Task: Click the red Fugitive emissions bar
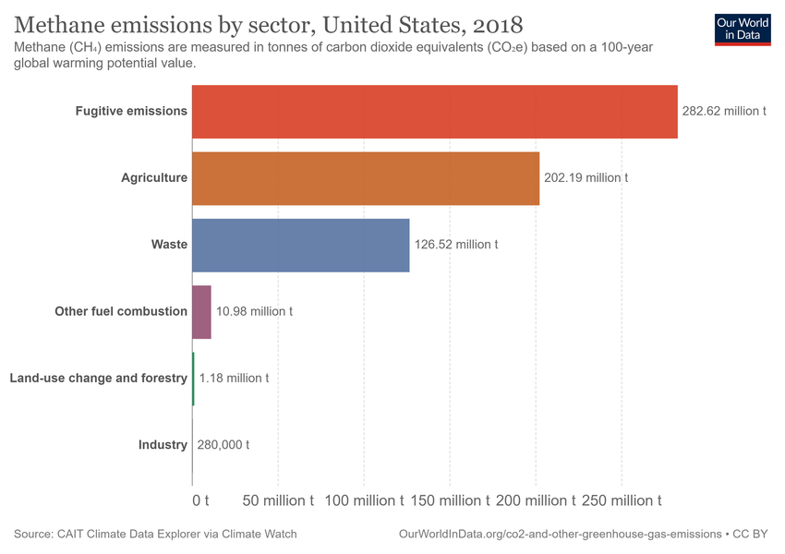434,112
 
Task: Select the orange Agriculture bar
365,178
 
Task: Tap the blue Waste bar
300,245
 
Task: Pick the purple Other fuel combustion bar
201,312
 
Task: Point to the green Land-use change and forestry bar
193,379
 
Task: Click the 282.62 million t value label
724,111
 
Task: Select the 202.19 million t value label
586,177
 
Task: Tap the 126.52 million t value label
456,245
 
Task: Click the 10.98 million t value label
254,312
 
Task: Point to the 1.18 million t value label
234,379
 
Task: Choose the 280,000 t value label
222,445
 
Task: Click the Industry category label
163,445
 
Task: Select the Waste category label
169,245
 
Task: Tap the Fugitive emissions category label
131,111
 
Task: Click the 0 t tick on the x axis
200,500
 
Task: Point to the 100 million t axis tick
364,500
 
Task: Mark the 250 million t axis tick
621,500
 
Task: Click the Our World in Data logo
742,28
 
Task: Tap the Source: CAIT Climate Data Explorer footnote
155,535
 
